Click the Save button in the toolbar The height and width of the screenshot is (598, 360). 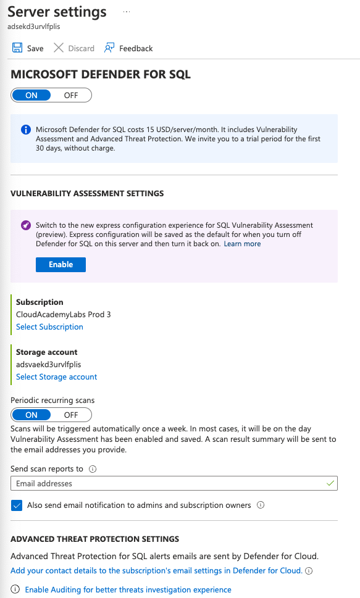pyautogui.click(x=28, y=48)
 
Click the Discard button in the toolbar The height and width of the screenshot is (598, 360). pyautogui.click(x=74, y=48)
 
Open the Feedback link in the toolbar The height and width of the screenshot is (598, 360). pyautogui.click(x=128, y=48)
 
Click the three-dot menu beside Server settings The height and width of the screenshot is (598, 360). pyautogui.click(x=127, y=12)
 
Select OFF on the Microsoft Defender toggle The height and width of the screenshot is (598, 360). pyautogui.click(x=71, y=95)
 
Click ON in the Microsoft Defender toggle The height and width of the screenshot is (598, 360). pyautogui.click(x=31, y=95)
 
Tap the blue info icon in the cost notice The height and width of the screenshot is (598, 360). pyautogui.click(x=26, y=130)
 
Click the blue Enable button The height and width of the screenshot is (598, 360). pyautogui.click(x=61, y=264)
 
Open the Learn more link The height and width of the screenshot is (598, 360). pyautogui.click(x=242, y=244)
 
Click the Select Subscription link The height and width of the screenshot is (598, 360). pyautogui.click(x=49, y=327)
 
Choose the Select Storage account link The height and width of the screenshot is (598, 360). pyautogui.click(x=56, y=376)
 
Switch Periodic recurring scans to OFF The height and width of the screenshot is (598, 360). pyautogui.click(x=71, y=415)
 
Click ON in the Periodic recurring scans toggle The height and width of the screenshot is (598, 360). pyautogui.click(x=31, y=415)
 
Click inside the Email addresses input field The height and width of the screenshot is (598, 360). pyautogui.click(x=167, y=483)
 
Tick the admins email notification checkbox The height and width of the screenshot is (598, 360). pyautogui.click(x=17, y=505)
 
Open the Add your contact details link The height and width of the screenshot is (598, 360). pyautogui.click(x=156, y=571)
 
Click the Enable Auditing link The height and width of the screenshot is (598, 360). pyautogui.click(x=128, y=589)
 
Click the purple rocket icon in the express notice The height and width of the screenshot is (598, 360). pyautogui.click(x=26, y=226)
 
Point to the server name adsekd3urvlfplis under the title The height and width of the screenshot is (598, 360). pyautogui.click(x=34, y=27)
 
